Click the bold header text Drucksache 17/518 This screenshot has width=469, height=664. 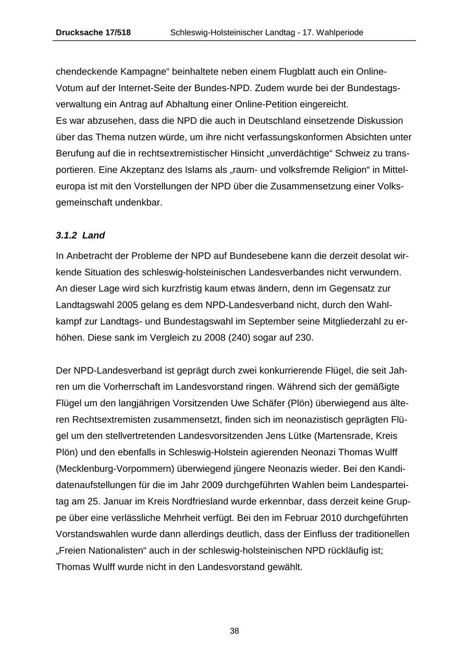[x=93, y=33]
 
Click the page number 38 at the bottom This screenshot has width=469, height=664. [x=234, y=631]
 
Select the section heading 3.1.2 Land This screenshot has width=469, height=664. [x=80, y=236]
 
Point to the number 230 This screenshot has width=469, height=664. [x=303, y=337]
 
